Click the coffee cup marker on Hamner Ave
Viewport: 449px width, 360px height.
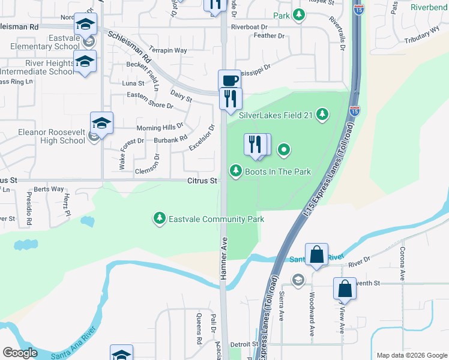tap(228, 80)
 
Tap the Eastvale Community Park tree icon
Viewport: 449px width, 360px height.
tap(159, 218)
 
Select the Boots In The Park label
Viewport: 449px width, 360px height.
tap(277, 172)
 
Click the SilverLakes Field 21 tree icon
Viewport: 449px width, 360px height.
tap(323, 114)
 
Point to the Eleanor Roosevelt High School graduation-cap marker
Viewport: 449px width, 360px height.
tap(101, 124)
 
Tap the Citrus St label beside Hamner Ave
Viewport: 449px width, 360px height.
tap(202, 180)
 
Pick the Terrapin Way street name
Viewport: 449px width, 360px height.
tap(168, 50)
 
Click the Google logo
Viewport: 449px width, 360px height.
tap(20, 353)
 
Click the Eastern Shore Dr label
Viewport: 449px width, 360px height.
tap(150, 100)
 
